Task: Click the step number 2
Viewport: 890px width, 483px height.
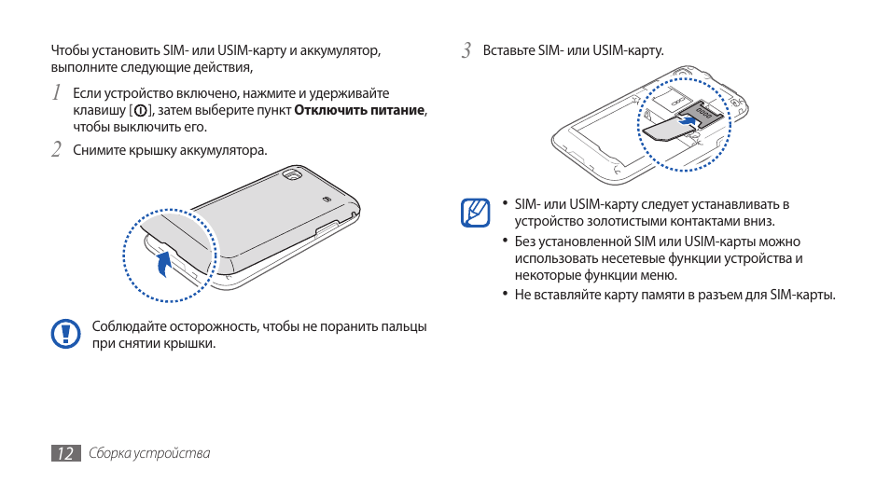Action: (x=57, y=149)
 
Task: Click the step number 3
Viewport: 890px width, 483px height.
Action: (x=466, y=49)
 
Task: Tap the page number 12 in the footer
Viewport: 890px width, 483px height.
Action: (x=64, y=453)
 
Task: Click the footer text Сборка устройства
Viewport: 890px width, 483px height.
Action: (x=149, y=453)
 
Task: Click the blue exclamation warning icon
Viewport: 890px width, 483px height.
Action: (x=65, y=333)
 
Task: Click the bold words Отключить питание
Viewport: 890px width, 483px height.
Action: (x=360, y=110)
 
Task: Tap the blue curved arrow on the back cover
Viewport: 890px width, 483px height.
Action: (x=164, y=263)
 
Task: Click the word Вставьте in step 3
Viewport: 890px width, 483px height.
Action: (x=508, y=50)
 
